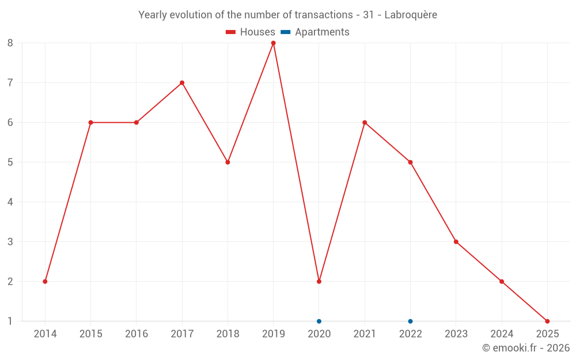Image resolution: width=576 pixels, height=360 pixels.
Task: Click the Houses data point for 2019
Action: [273, 43]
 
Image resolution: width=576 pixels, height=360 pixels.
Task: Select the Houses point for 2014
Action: [45, 281]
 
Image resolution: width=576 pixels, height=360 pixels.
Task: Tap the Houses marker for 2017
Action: [182, 82]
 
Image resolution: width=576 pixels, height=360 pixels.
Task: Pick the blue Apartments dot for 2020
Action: [319, 321]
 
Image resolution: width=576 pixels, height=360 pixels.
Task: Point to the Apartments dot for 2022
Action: [410, 321]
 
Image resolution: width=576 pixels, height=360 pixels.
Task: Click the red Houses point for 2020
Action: [319, 281]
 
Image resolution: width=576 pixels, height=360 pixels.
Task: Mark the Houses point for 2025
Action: [547, 321]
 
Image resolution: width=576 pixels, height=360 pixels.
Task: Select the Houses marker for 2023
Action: [456, 241]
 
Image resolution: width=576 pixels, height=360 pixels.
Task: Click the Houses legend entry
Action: [251, 32]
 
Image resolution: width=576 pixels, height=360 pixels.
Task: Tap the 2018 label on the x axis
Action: [228, 334]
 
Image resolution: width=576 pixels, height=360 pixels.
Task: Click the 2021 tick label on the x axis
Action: [365, 334]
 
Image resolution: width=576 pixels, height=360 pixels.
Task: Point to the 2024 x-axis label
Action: [502, 334]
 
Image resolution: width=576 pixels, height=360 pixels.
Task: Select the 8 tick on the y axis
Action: [10, 43]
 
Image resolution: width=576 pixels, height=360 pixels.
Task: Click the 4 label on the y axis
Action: [10, 202]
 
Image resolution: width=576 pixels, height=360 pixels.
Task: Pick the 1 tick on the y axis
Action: [10, 321]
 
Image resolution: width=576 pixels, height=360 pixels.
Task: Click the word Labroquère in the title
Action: [410, 15]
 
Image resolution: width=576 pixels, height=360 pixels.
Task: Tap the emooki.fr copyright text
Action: [526, 348]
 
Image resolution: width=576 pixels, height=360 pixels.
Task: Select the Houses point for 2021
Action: [365, 122]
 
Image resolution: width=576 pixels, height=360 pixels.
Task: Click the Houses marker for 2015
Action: [90, 122]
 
